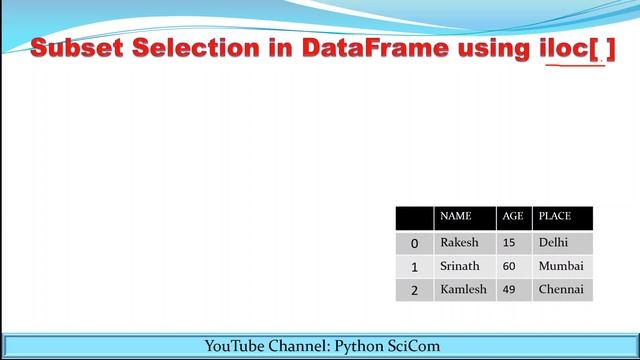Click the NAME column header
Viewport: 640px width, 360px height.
pyautogui.click(x=455, y=216)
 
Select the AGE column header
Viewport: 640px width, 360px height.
pyautogui.click(x=513, y=216)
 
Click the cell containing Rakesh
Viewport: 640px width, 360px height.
pyautogui.click(x=459, y=242)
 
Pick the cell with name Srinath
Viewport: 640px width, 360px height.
pyautogui.click(x=460, y=266)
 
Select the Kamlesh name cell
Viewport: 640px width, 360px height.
pyautogui.click(x=463, y=290)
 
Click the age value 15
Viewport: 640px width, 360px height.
pyautogui.click(x=509, y=242)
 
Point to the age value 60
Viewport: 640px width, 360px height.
pyautogui.click(x=509, y=266)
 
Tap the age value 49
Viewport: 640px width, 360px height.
pyautogui.click(x=509, y=290)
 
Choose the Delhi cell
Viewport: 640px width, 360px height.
pyautogui.click(x=553, y=242)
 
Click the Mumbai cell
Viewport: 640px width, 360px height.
pyautogui.click(x=560, y=266)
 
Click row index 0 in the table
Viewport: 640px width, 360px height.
pyautogui.click(x=414, y=243)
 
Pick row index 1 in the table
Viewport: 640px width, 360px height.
pyautogui.click(x=414, y=267)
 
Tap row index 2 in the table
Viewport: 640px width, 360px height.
pyautogui.click(x=414, y=291)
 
